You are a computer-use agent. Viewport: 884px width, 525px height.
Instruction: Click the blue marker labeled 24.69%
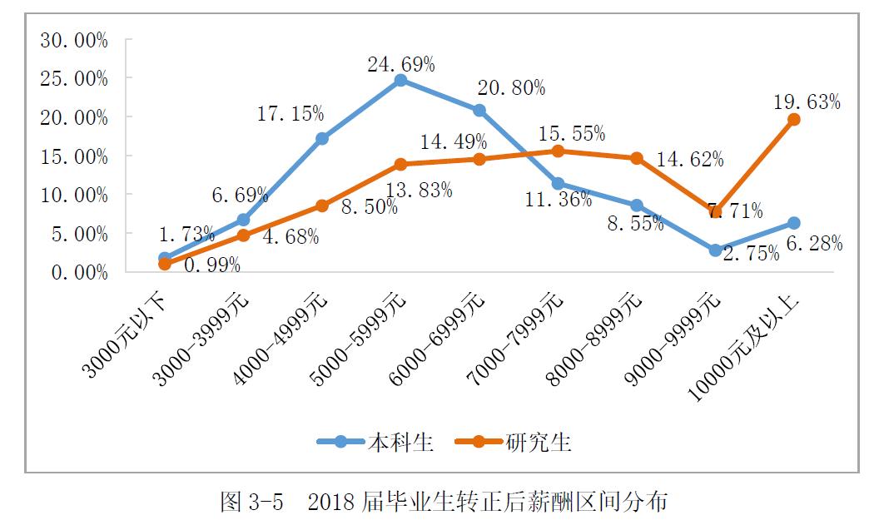(x=400, y=81)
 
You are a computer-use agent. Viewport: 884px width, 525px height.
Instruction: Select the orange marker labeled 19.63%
(x=794, y=120)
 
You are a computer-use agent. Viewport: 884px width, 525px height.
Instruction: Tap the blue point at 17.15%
(x=322, y=139)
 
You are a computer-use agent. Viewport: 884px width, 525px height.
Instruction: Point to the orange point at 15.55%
(x=558, y=151)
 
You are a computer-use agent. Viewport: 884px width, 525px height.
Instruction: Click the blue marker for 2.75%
(x=715, y=250)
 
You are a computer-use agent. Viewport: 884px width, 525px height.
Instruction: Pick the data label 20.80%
(x=512, y=87)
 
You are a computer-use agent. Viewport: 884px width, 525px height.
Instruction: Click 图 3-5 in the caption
(x=251, y=502)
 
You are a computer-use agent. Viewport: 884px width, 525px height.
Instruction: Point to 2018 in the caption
(x=331, y=502)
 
